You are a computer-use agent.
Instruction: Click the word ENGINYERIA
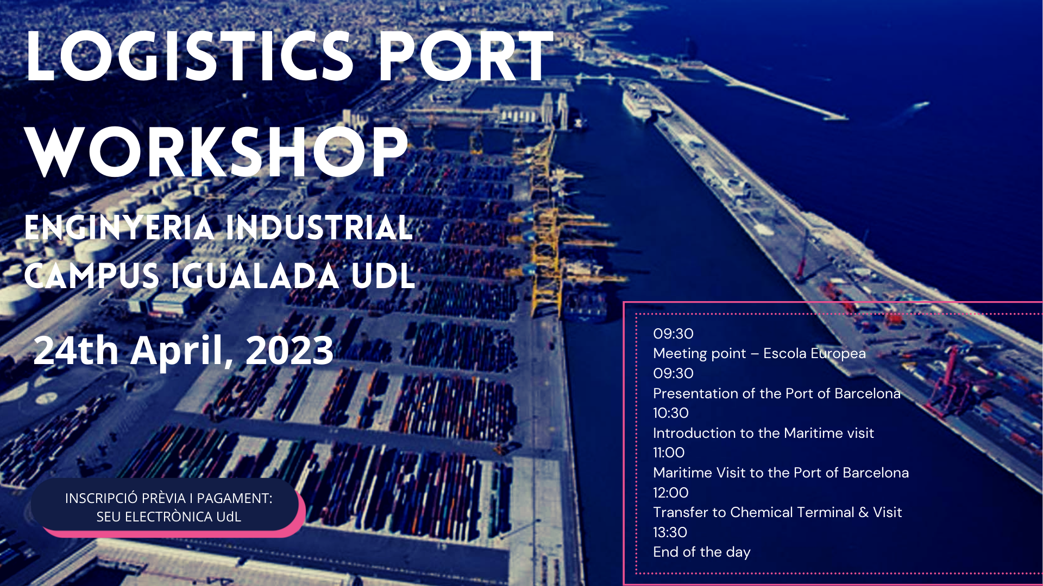coord(120,227)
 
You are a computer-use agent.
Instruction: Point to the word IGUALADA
coord(255,276)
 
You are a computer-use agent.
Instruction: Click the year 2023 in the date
coord(290,351)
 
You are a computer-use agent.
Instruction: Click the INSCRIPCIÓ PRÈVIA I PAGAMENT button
coord(168,507)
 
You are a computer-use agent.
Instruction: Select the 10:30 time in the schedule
coord(671,413)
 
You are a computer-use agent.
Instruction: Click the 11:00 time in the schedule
coord(669,453)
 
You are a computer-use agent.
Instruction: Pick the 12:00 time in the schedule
coord(671,493)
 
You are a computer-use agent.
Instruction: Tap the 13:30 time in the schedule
coord(670,532)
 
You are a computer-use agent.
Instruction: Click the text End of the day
coord(702,552)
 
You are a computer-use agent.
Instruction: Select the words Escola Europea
coord(814,354)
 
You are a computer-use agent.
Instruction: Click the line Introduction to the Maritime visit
coord(763,433)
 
